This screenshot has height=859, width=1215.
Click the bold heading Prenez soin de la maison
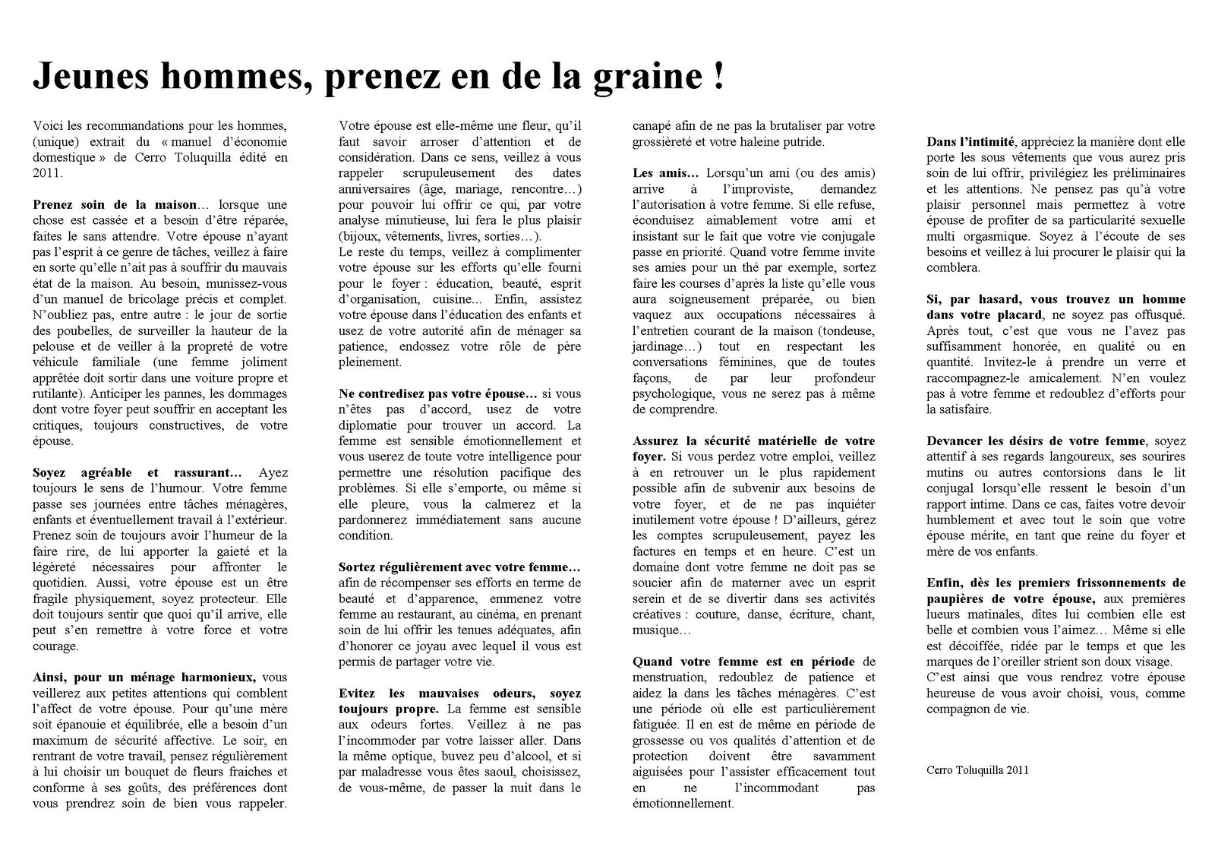pos(115,204)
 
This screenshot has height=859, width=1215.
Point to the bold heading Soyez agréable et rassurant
pos(137,472)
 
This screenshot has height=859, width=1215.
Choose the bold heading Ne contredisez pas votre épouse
pos(437,393)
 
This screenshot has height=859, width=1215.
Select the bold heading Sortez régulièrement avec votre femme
pos(459,567)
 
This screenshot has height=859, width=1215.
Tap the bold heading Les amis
pos(665,173)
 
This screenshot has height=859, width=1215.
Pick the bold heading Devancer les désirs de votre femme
pos(1036,441)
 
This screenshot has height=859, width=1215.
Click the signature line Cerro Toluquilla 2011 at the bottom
pos(977,769)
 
